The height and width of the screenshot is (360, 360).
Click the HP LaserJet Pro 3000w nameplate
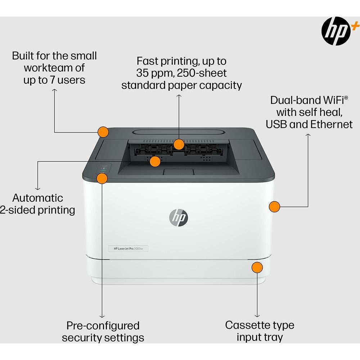128,248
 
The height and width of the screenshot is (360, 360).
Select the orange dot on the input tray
257,268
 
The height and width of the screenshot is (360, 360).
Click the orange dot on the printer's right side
274,207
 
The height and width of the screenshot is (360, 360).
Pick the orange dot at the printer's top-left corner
103,132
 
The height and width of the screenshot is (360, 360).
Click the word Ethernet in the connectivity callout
332,124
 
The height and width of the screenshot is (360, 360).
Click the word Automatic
37,198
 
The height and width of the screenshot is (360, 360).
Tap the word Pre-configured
103,326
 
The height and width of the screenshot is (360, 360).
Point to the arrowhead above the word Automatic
37,188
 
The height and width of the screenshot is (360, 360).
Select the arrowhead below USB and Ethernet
308,135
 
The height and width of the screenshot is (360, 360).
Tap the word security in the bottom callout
82,338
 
